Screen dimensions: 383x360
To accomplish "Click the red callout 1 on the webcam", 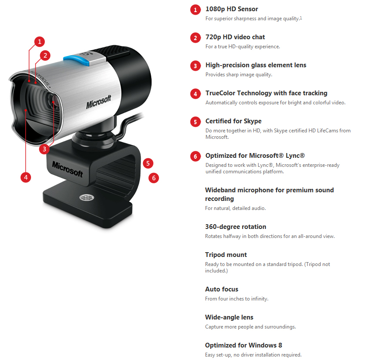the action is (39, 41).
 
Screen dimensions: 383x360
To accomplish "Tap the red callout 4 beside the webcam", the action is (26, 177).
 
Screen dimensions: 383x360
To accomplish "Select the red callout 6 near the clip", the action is (154, 178).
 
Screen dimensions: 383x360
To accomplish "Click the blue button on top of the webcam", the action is (76, 60).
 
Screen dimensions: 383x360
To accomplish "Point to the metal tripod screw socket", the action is (87, 197).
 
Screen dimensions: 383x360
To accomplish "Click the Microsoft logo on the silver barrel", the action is (98, 102).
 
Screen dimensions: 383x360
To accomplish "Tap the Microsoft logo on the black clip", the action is (67, 169).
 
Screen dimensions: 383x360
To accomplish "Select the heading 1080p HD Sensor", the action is (231, 9).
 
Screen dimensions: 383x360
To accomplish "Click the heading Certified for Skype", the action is (233, 121).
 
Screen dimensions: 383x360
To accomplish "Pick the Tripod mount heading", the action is (226, 255).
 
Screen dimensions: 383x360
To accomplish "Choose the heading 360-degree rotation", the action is (236, 226).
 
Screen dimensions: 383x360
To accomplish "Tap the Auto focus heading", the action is (221, 289).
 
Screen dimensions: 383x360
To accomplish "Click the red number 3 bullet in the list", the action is (196, 66).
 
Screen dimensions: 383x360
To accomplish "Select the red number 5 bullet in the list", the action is (196, 122).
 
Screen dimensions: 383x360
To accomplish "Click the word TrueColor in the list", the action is (221, 93).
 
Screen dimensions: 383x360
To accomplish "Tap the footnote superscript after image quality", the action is (301, 18).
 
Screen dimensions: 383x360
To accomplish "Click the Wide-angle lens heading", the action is (229, 317).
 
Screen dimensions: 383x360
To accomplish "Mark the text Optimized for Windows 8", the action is (243, 345).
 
